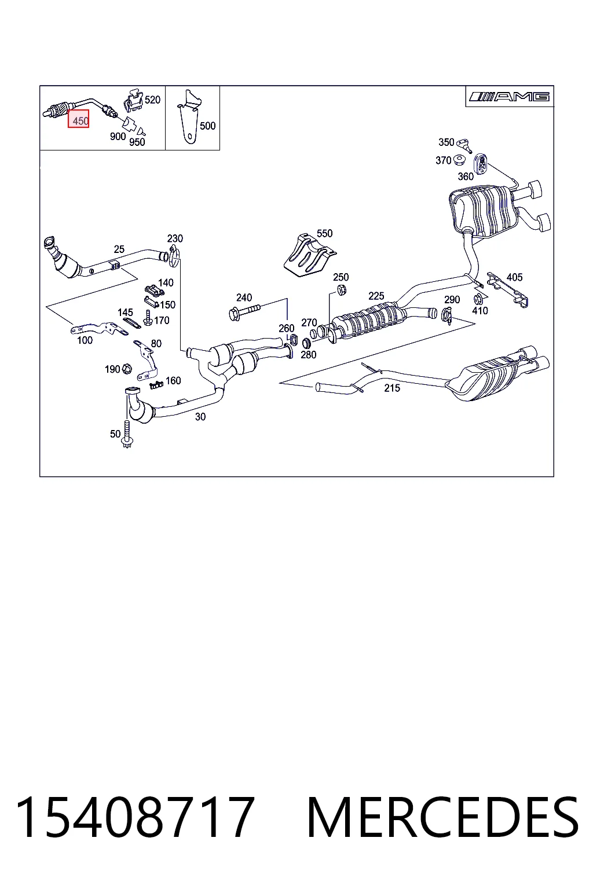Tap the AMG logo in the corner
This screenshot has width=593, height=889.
(x=509, y=97)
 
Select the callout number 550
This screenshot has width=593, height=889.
(x=324, y=233)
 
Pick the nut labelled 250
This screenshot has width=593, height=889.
(x=341, y=290)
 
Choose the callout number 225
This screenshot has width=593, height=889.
(x=376, y=296)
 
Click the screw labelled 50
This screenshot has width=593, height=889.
(x=127, y=436)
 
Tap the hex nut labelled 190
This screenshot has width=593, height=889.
(x=127, y=369)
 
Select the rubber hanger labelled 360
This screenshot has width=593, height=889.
(x=481, y=163)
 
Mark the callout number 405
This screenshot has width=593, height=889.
(x=514, y=277)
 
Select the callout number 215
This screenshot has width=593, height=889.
(x=391, y=388)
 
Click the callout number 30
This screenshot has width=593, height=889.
(x=200, y=416)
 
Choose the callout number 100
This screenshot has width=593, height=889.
(x=85, y=340)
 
